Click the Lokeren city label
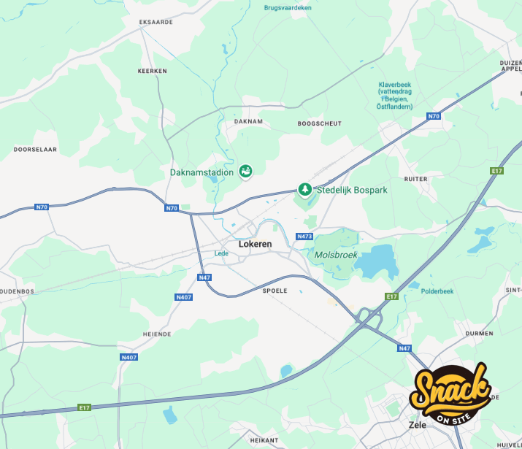(x=255, y=244)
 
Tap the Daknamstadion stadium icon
(x=246, y=172)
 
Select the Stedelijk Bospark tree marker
(x=305, y=190)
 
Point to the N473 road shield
(x=304, y=237)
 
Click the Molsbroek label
(x=336, y=255)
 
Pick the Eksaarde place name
(x=156, y=22)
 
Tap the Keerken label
(x=152, y=71)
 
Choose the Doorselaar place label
(x=35, y=149)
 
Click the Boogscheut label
(x=319, y=123)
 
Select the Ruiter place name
(x=415, y=178)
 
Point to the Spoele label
(x=275, y=291)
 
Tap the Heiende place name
(x=158, y=334)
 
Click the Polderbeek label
(x=437, y=291)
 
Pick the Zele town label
(x=417, y=423)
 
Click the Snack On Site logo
(x=450, y=394)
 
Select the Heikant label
(x=264, y=440)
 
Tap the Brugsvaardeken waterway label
(x=288, y=7)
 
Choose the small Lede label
(x=221, y=253)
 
